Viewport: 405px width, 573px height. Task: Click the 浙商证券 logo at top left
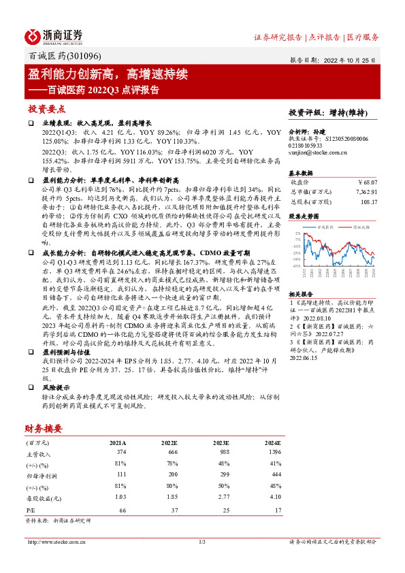point(54,35)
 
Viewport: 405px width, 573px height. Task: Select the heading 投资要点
point(46,109)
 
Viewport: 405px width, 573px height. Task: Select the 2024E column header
point(271,442)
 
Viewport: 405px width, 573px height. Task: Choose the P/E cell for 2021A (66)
point(123,509)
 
